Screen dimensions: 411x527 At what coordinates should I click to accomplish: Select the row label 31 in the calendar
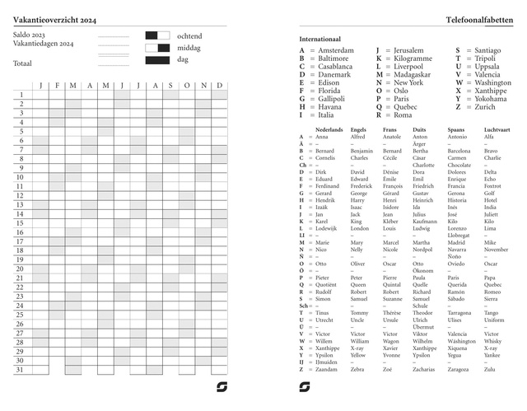click(21, 369)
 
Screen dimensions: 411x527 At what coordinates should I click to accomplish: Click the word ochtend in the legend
click(189, 36)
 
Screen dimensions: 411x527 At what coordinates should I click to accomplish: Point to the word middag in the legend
click(189, 48)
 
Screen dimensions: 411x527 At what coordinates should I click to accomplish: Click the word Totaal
click(23, 63)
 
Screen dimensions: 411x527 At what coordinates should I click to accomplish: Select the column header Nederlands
click(329, 130)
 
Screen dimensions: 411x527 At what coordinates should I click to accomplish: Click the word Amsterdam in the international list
click(336, 50)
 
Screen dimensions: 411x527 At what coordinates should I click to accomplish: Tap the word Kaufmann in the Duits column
click(425, 222)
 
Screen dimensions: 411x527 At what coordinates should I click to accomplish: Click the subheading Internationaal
click(320, 39)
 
